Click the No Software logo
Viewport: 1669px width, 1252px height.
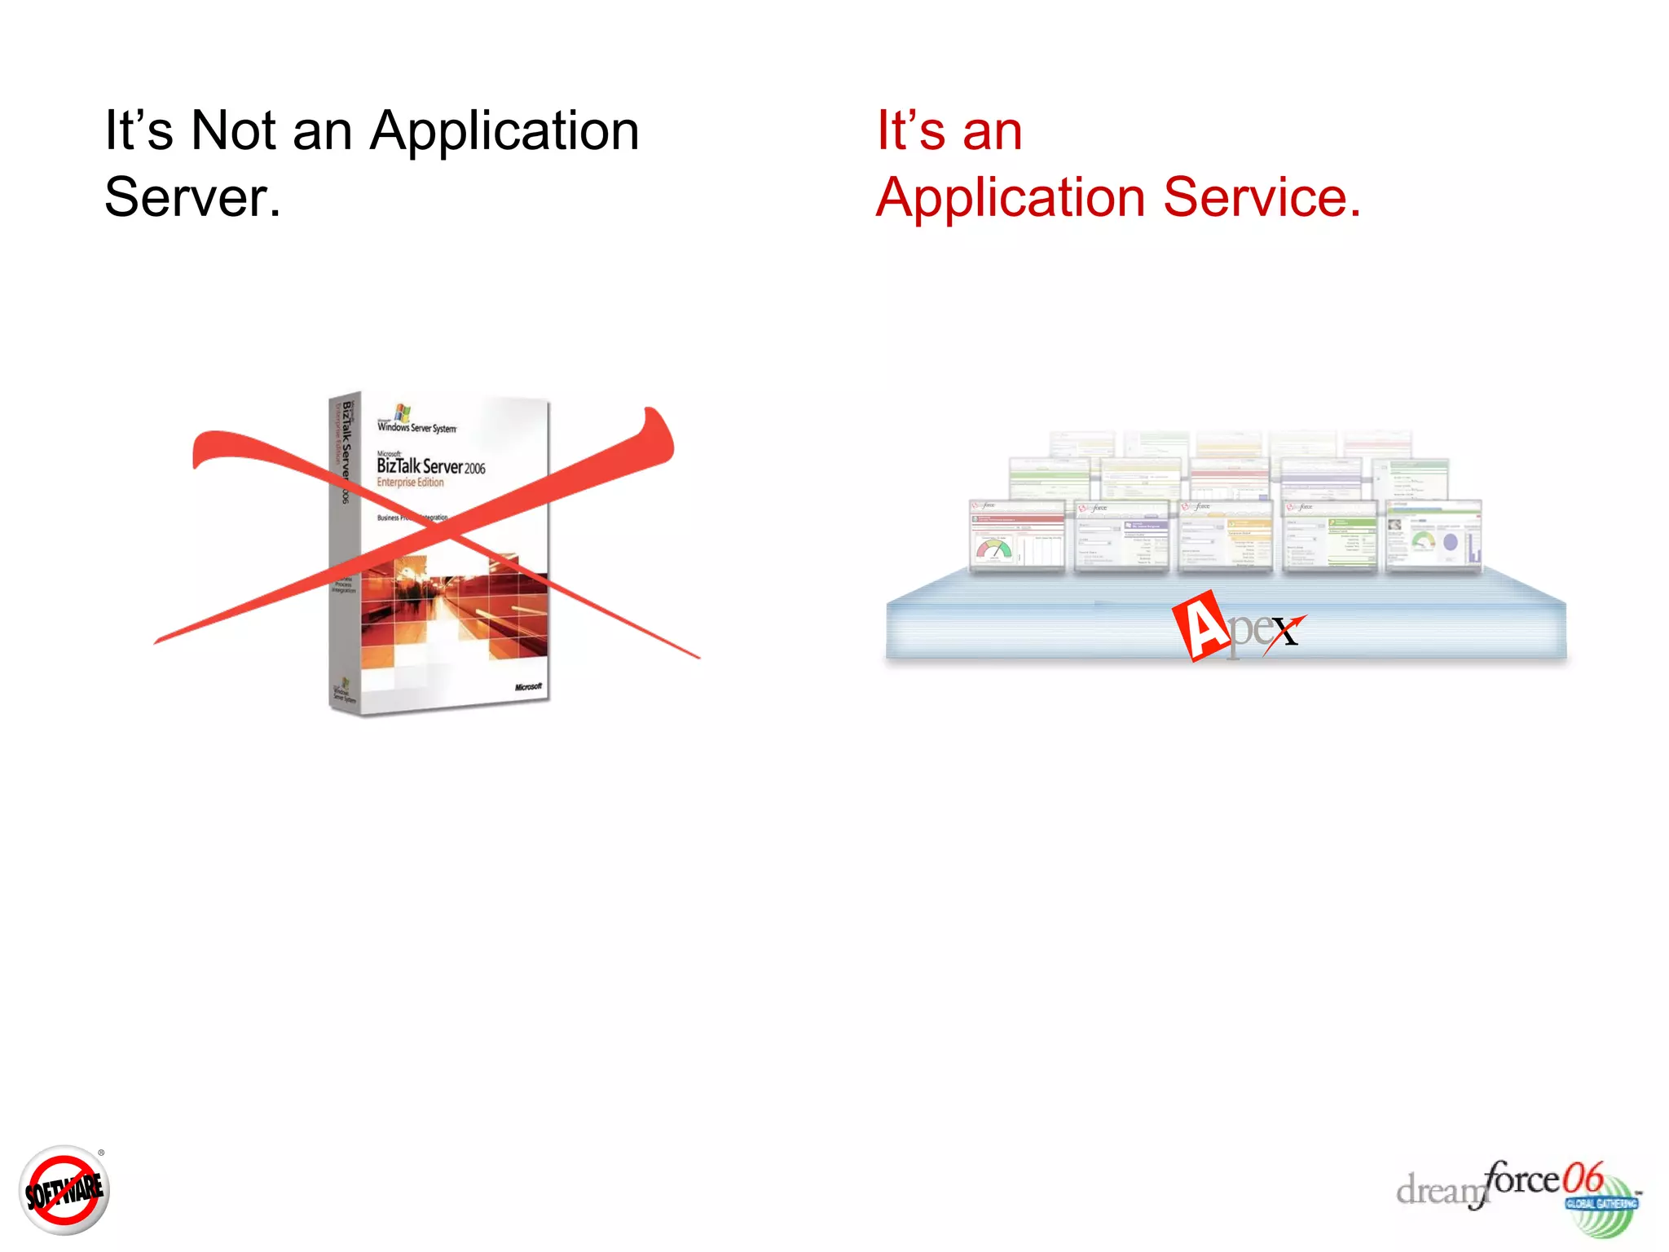click(x=64, y=1191)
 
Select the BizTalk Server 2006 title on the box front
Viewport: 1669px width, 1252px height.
click(x=430, y=466)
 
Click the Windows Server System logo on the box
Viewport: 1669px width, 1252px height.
click(x=416, y=421)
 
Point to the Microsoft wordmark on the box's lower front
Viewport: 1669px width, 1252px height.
click(x=528, y=687)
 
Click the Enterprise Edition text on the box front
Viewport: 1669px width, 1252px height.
click(x=410, y=483)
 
